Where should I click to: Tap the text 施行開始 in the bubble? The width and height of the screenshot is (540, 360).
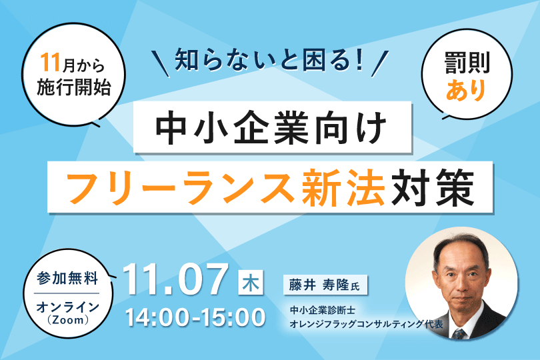point(74,87)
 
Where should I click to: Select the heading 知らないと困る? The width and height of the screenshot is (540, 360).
point(269,60)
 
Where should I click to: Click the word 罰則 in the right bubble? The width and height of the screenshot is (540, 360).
point(467,63)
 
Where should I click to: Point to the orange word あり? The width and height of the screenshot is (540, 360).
point(466,90)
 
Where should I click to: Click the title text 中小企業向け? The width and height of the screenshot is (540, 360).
point(271,127)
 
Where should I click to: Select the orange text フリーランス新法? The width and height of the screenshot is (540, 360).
point(225,187)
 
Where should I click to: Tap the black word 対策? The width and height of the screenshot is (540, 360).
point(433,187)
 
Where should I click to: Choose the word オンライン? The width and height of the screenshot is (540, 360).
point(68,306)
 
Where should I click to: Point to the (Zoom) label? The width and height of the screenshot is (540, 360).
point(68,320)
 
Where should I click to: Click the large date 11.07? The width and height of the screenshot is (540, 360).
point(175,280)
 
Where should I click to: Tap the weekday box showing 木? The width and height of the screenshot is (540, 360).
point(251,283)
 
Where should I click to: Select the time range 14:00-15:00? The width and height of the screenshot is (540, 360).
point(195,317)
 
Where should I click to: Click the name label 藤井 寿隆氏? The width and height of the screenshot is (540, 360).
point(325,285)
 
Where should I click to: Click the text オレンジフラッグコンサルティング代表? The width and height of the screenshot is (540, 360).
point(367,324)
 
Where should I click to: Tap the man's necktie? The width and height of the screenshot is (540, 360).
point(459,333)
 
